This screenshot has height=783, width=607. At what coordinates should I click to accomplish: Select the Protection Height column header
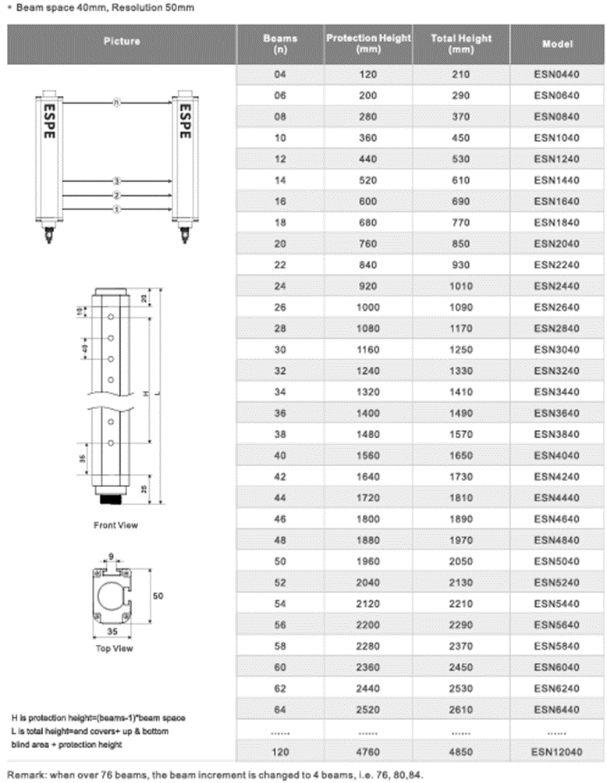pyautogui.click(x=367, y=44)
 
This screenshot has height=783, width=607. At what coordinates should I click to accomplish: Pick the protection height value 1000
pyautogui.click(x=367, y=307)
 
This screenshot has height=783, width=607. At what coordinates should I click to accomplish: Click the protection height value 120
pyautogui.click(x=367, y=75)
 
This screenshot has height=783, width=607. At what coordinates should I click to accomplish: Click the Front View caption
pyautogui.click(x=115, y=525)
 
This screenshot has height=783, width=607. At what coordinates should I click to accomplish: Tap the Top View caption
pyautogui.click(x=114, y=648)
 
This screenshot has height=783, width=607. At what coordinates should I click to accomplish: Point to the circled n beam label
pyautogui.click(x=116, y=103)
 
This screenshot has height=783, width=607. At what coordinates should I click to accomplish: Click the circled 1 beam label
pyautogui.click(x=116, y=209)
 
